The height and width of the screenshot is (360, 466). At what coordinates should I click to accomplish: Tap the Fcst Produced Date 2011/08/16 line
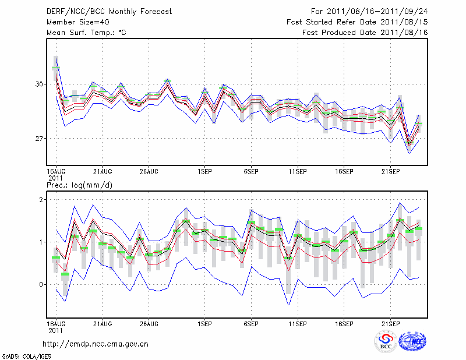[x=365, y=33]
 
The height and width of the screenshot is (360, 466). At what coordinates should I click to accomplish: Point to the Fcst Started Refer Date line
[x=357, y=22]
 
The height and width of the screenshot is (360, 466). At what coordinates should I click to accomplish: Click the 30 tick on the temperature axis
[x=39, y=84]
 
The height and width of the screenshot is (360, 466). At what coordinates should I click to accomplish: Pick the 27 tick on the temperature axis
[x=39, y=139]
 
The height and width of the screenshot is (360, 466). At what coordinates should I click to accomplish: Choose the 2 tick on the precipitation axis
[x=41, y=200]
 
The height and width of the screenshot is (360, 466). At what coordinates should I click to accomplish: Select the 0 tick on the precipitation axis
[x=41, y=285]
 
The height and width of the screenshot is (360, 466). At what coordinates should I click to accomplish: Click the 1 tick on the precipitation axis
[x=41, y=242]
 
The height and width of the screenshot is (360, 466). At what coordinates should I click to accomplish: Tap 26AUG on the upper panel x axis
[x=149, y=171]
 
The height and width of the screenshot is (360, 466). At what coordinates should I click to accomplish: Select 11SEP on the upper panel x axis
[x=298, y=171]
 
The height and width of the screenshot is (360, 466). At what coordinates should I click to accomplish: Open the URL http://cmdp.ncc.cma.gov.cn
[x=96, y=344]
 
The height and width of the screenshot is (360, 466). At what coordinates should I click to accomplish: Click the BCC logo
[x=385, y=342]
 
